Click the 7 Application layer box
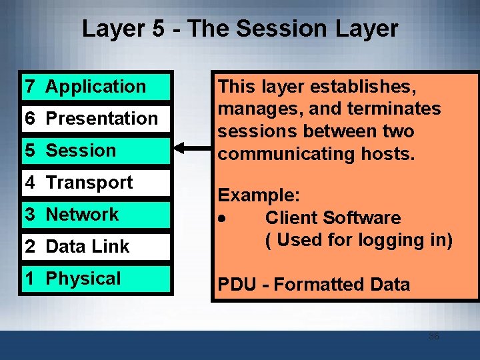point(97,87)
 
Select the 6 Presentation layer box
point(97,119)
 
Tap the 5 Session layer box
point(97,151)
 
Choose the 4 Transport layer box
point(97,183)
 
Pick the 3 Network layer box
point(97,215)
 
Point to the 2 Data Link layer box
point(97,247)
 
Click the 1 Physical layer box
point(97,279)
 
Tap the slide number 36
point(433,337)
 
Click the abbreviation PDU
point(237,285)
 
